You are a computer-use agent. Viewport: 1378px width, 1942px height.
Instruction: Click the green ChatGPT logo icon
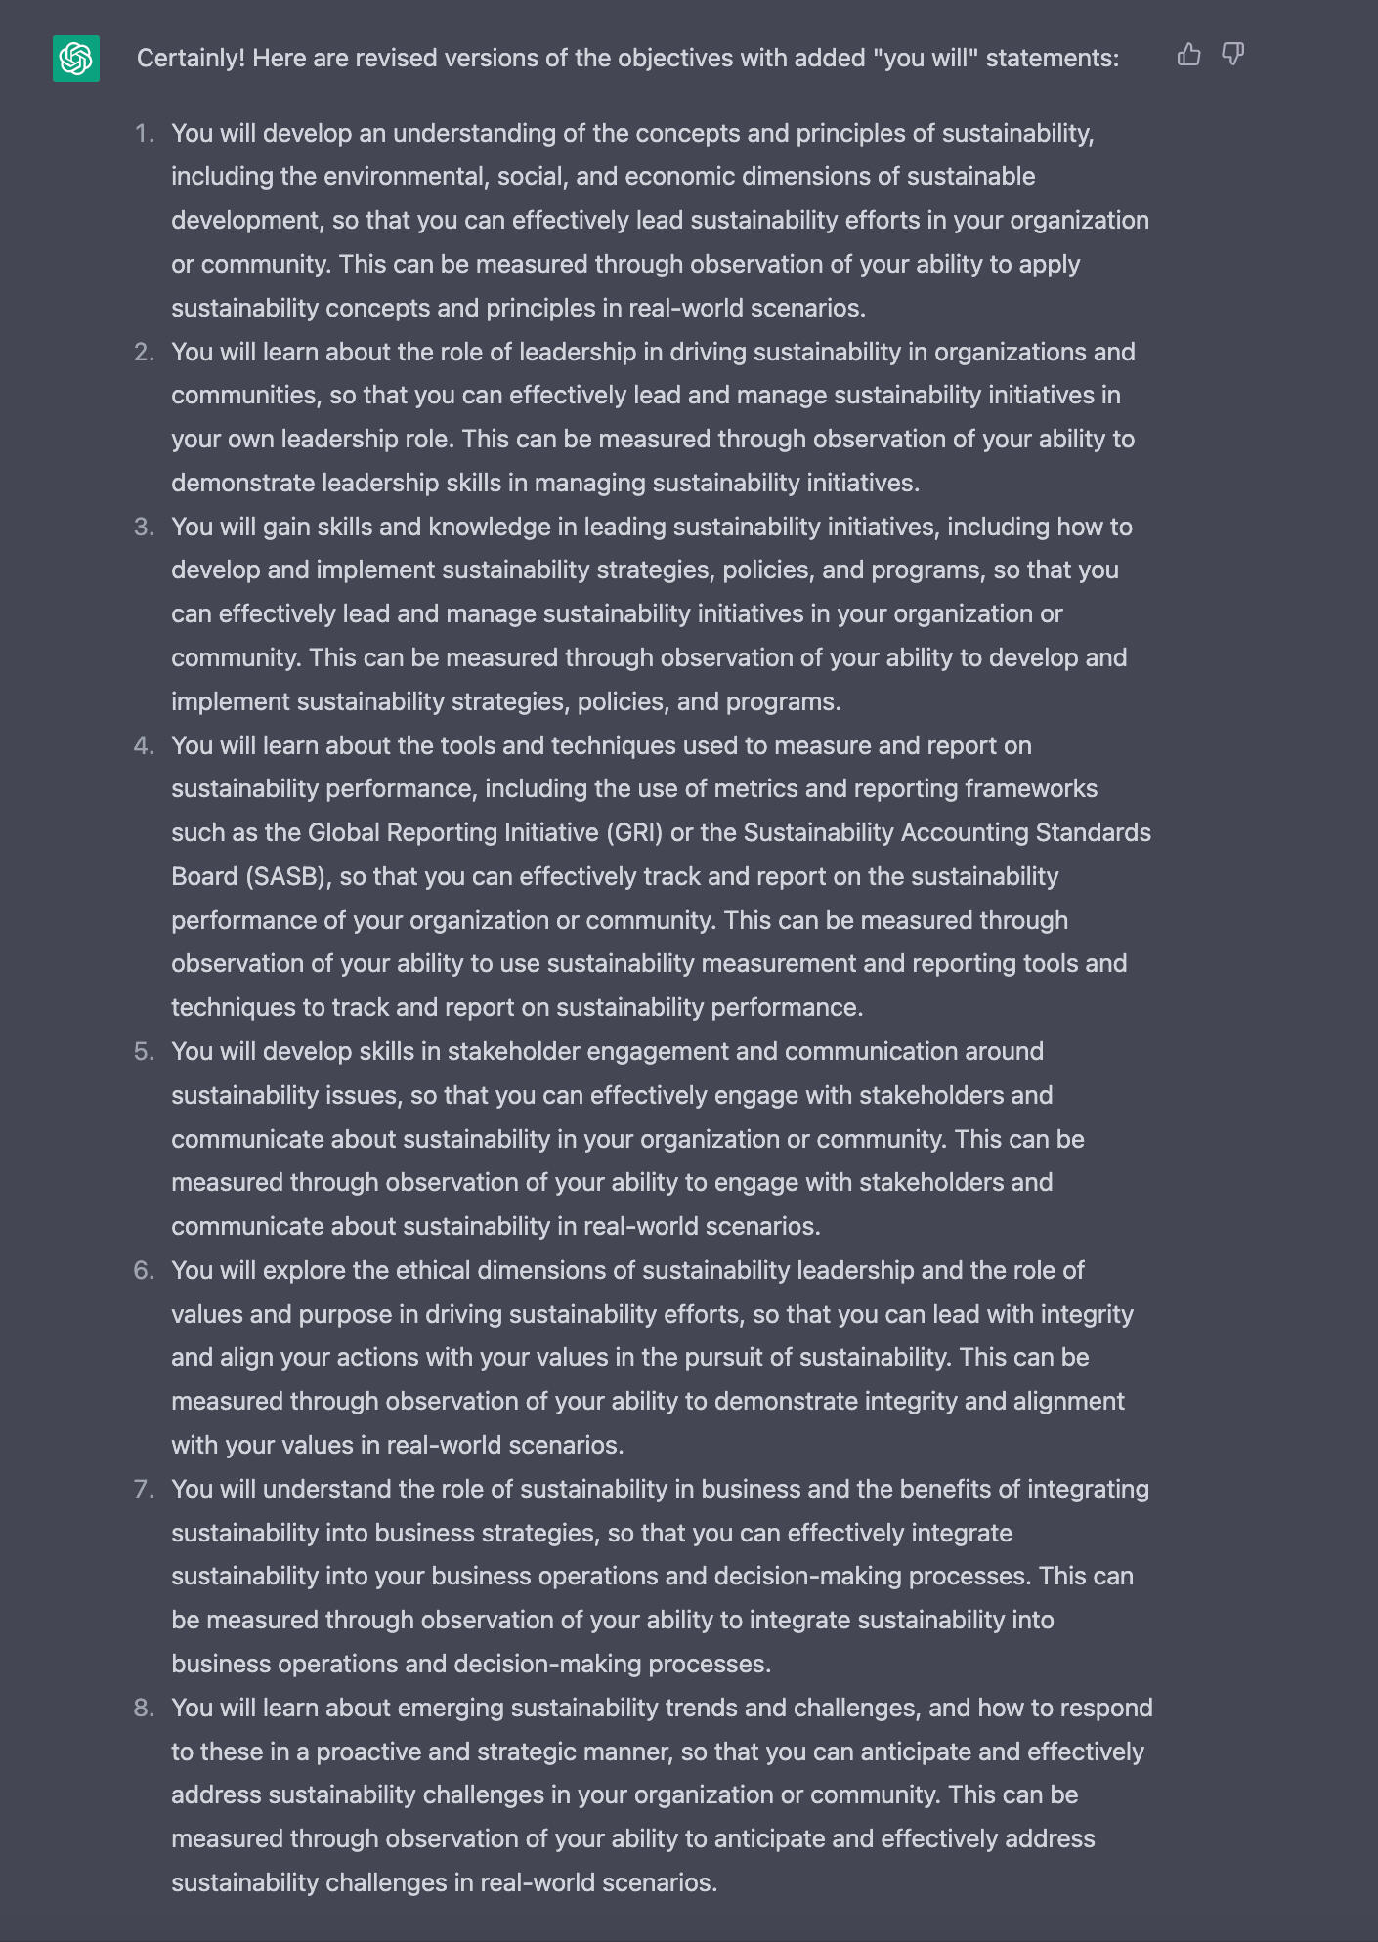pos(76,59)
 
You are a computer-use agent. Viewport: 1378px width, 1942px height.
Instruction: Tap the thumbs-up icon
pos(1188,55)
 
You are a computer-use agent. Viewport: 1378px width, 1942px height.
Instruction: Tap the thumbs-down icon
pos(1233,55)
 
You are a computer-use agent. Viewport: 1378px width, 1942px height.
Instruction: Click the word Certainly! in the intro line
pos(191,59)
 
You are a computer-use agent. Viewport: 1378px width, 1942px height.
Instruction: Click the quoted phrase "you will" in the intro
pos(930,59)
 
